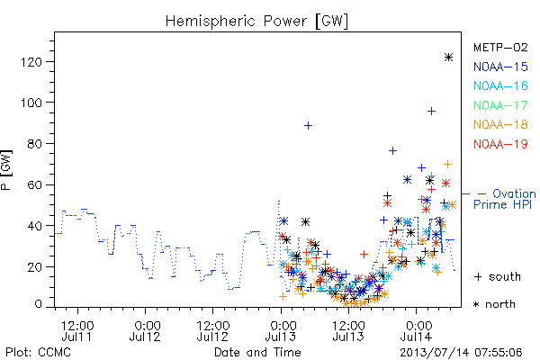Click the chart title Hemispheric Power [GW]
256,22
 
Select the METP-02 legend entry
500,48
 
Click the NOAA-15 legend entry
500,67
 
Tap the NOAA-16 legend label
500,85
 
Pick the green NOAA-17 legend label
500,105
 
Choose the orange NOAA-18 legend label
500,124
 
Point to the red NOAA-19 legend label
500,144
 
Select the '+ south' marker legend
498,276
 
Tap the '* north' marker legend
494,304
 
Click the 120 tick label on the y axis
31,62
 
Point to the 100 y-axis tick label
31,103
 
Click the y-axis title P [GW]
6,170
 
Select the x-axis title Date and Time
257,352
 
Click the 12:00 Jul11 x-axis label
76,330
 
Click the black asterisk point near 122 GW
448,58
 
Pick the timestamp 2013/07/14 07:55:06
461,353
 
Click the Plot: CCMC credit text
38,352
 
